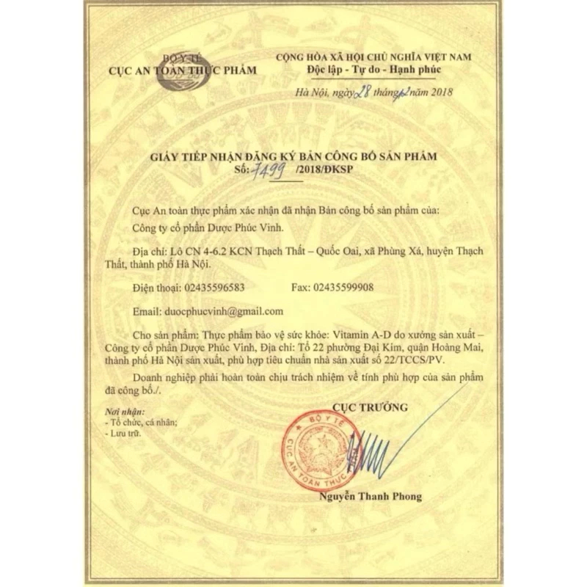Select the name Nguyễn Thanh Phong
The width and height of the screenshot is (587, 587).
[370, 497]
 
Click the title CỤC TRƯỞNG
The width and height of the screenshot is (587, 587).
[370, 406]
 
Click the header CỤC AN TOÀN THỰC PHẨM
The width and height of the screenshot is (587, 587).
[182, 70]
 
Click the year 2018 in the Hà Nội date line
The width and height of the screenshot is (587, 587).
[439, 92]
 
